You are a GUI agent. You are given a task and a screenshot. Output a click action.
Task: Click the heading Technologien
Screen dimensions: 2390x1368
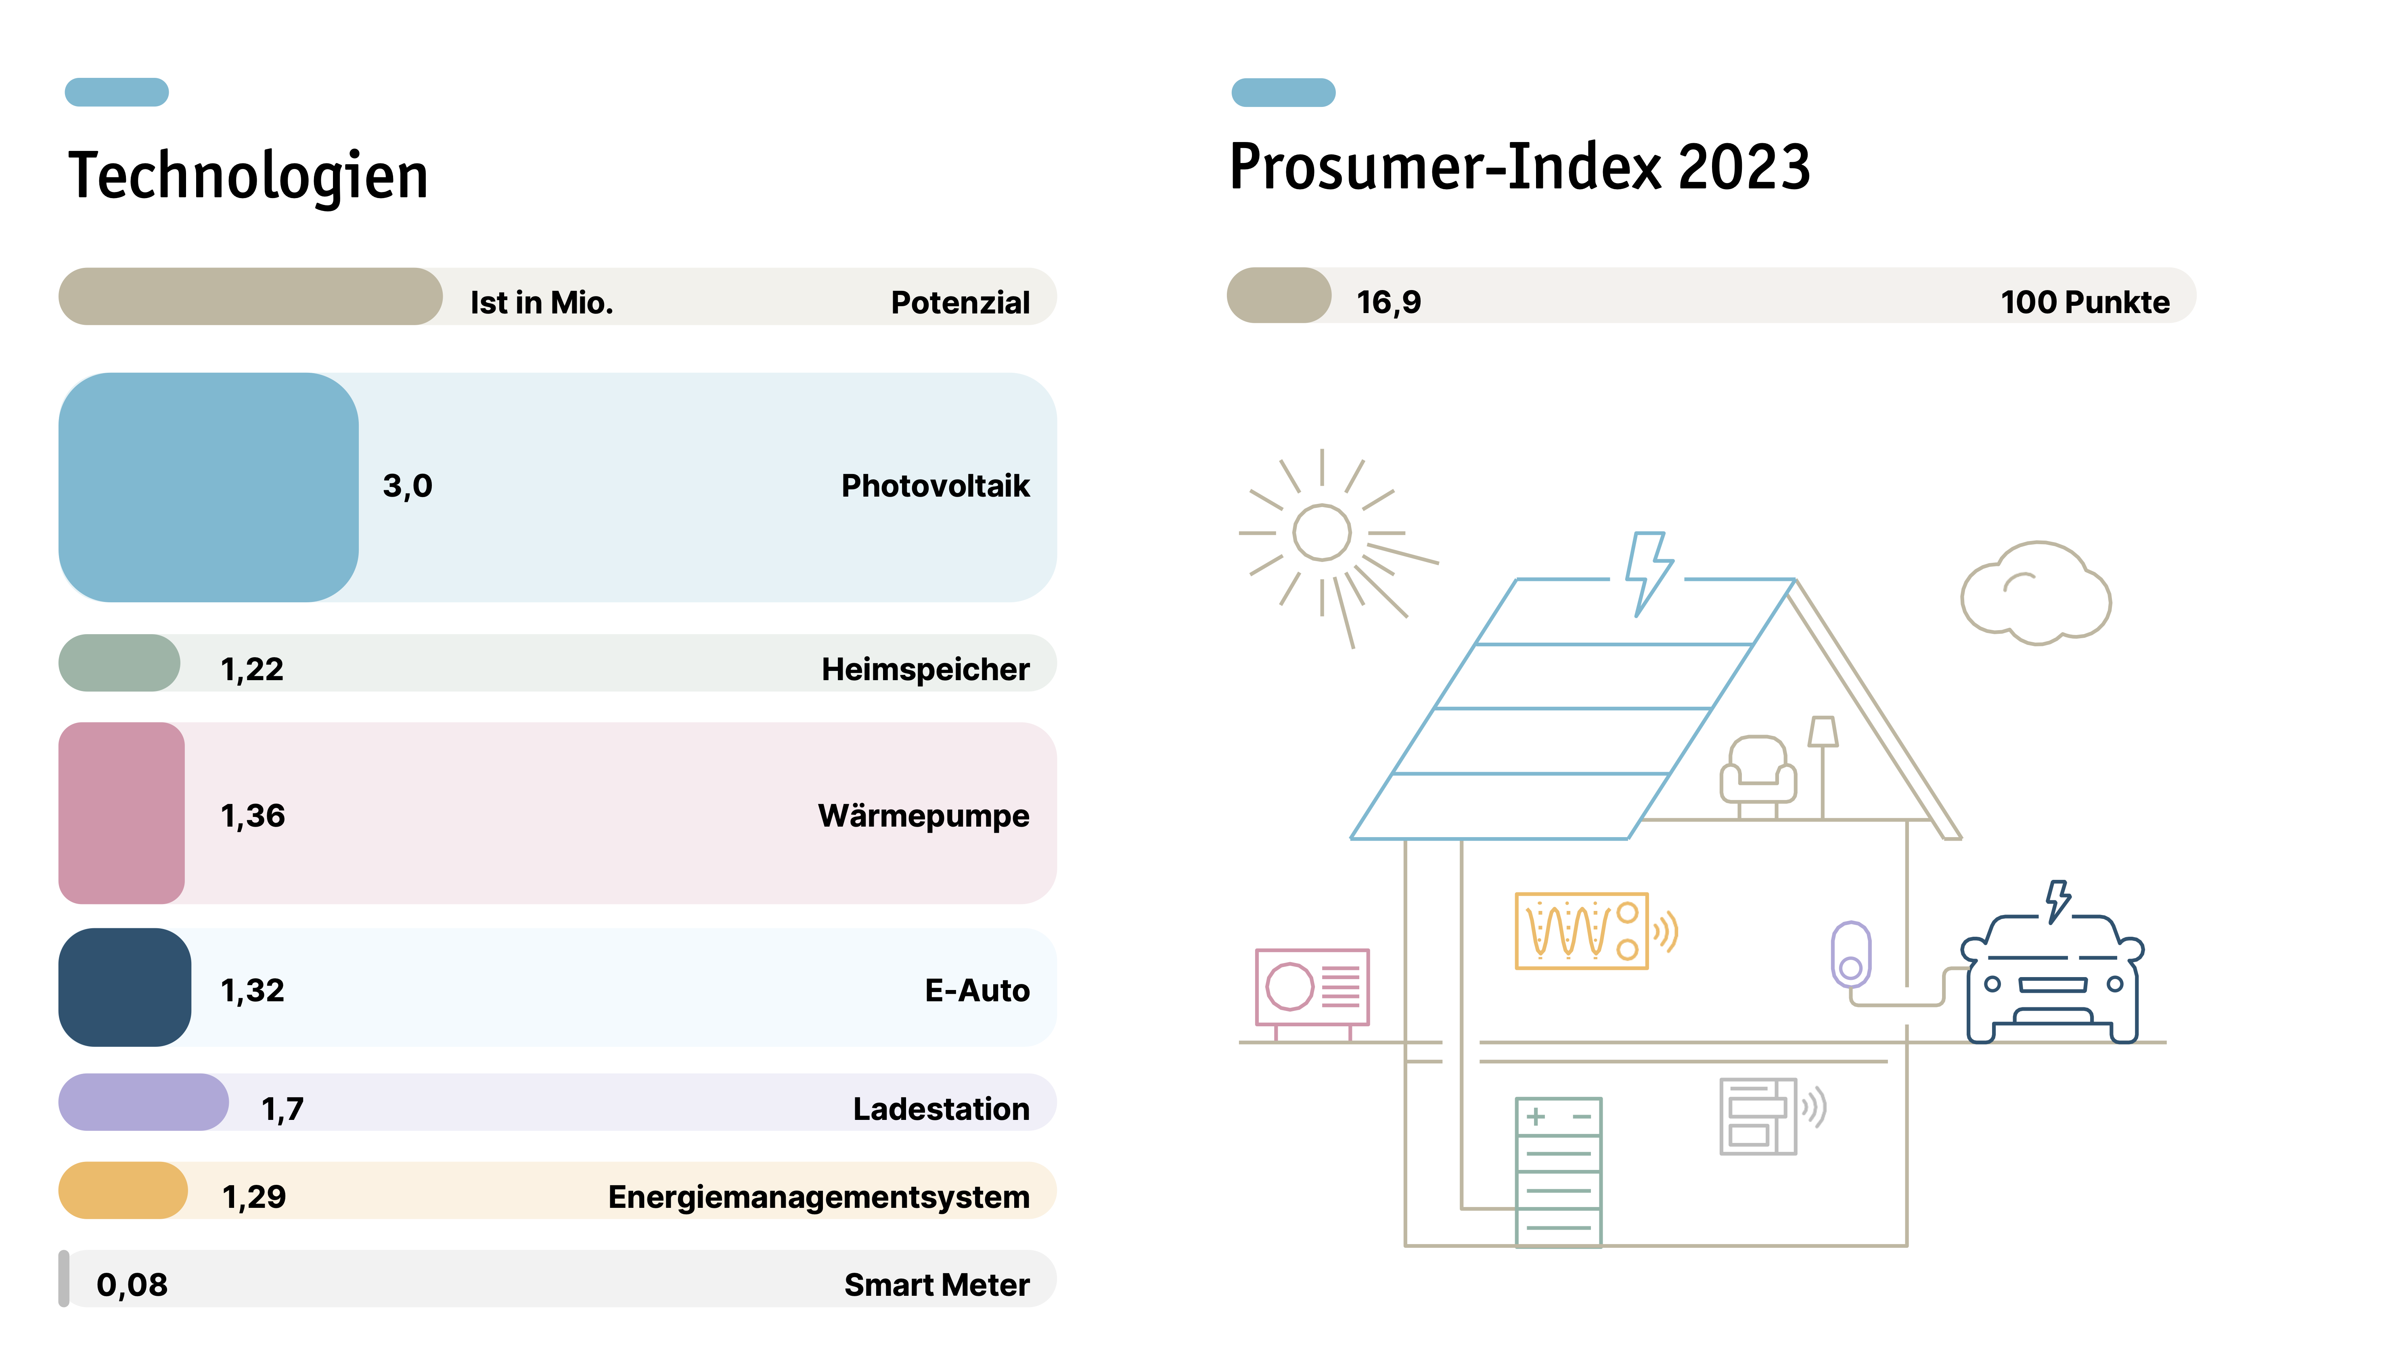pos(248,177)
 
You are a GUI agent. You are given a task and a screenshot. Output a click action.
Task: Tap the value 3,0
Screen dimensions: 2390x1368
pos(407,486)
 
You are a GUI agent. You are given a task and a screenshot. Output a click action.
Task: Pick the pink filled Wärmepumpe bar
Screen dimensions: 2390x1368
pos(121,813)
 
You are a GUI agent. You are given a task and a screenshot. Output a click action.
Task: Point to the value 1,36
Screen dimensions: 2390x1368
pos(252,816)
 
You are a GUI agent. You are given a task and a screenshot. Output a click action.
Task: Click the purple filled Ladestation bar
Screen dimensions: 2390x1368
pos(143,1102)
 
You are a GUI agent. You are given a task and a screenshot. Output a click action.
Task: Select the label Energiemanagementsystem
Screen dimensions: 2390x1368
pos(818,1197)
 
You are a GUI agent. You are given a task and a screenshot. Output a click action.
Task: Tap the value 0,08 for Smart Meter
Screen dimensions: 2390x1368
pos(132,1284)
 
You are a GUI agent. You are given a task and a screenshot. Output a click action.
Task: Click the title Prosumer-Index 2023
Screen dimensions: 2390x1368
pos(1520,167)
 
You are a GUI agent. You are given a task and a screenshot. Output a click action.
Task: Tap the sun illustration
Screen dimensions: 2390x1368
pos(1323,533)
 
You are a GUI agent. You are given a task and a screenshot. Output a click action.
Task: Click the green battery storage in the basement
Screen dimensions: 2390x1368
pos(1558,1172)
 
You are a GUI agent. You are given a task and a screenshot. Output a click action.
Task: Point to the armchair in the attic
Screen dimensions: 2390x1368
pos(1758,771)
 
